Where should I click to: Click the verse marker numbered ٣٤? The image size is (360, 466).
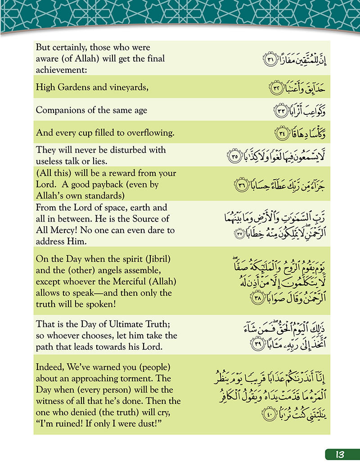(x=280, y=133)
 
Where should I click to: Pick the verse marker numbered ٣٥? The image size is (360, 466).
(x=235, y=157)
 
